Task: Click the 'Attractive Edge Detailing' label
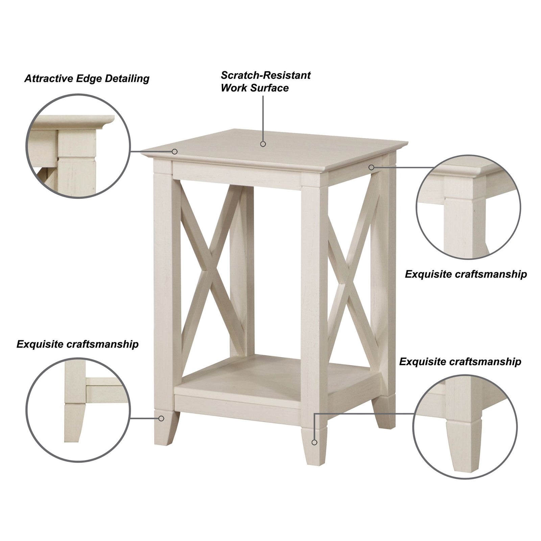pyautogui.click(x=87, y=79)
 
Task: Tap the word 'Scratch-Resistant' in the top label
pyautogui.click(x=265, y=75)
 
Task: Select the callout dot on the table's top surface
pyautogui.click(x=263, y=144)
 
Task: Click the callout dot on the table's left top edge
pyautogui.click(x=175, y=151)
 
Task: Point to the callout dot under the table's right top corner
pyautogui.click(x=371, y=167)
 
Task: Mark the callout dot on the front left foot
pyautogui.click(x=161, y=419)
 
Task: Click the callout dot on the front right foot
pyautogui.click(x=314, y=442)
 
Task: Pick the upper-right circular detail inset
pyautogui.click(x=468, y=208)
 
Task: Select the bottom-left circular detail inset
pyautogui.click(x=78, y=410)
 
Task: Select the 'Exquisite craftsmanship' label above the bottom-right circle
pyautogui.click(x=460, y=361)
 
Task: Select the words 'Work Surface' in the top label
pyautogui.click(x=255, y=88)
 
